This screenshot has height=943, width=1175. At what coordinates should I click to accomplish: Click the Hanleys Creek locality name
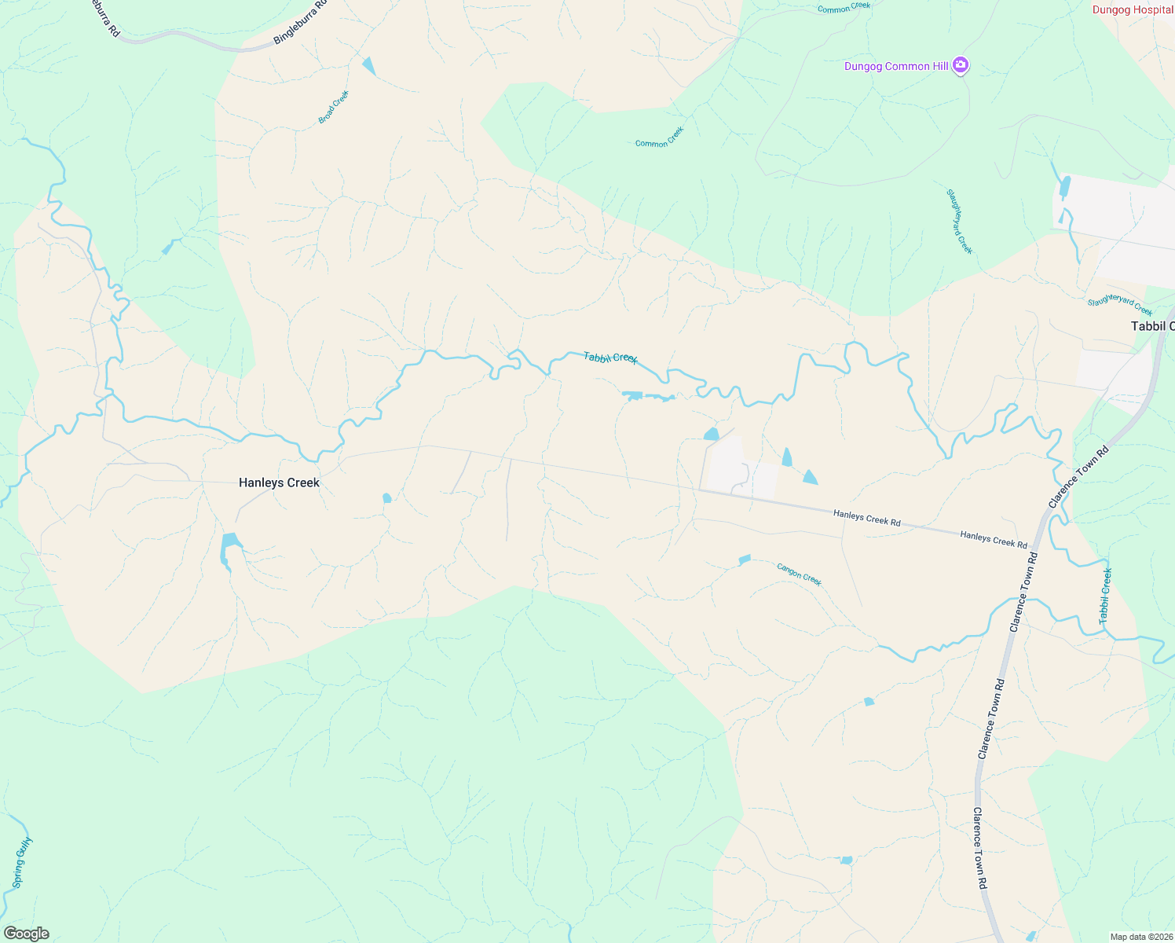tap(279, 483)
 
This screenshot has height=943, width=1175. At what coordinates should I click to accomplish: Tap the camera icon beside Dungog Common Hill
tap(960, 65)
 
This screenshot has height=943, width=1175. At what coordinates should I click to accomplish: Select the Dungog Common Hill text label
tap(896, 67)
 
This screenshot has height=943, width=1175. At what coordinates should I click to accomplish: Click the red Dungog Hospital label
tap(1132, 10)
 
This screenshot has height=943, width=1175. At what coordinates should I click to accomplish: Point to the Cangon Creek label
tap(799, 574)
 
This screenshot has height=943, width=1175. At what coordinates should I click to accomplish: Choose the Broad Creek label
tap(334, 108)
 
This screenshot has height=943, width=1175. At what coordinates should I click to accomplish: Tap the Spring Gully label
tap(23, 863)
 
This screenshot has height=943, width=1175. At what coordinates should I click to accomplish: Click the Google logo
tap(26, 934)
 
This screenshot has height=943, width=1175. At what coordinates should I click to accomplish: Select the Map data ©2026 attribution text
tap(1140, 937)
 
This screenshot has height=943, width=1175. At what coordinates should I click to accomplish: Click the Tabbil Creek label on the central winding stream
tap(610, 358)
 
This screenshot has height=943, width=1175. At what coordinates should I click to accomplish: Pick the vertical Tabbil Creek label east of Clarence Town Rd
tap(1106, 596)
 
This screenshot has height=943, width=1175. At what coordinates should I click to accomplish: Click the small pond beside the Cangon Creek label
tap(745, 560)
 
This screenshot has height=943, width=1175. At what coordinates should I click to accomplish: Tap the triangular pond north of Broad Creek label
tap(368, 66)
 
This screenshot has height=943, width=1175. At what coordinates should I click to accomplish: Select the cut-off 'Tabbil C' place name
tap(1152, 326)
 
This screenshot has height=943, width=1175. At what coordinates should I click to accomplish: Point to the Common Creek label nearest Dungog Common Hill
tap(844, 8)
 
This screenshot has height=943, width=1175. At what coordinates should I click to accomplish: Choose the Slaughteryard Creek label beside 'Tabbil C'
tap(1120, 306)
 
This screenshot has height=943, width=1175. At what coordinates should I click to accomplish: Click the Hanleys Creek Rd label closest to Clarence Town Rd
tap(994, 539)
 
